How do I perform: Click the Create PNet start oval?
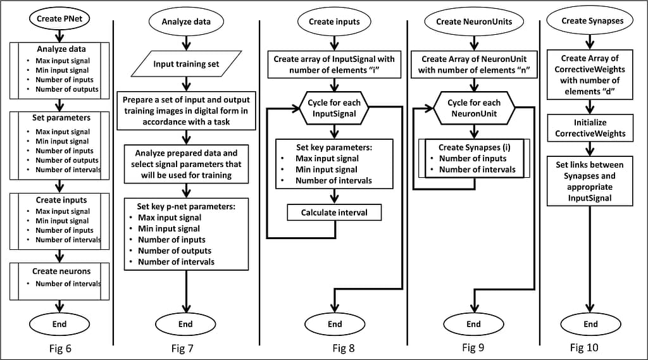(59, 18)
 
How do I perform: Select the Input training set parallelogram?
(186, 64)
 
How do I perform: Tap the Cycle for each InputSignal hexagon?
(334, 108)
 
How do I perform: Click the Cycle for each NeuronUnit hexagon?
(474, 108)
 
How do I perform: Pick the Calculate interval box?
(334, 213)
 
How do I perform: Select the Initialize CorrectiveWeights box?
(590, 128)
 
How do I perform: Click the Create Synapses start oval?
(590, 21)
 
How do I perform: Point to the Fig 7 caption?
(182, 349)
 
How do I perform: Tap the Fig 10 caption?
(584, 347)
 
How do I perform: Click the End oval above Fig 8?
(335, 324)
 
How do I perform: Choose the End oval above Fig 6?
(59, 324)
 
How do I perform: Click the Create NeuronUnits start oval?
(474, 22)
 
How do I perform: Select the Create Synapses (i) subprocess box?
(474, 158)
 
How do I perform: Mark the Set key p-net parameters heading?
(186, 206)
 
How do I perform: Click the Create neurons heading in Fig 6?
(61, 271)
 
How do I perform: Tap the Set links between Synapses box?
(590, 181)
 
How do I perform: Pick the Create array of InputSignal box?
(334, 65)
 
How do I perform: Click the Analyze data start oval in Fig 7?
(186, 22)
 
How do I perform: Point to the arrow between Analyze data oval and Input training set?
(186, 43)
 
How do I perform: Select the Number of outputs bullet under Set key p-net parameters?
(175, 251)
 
